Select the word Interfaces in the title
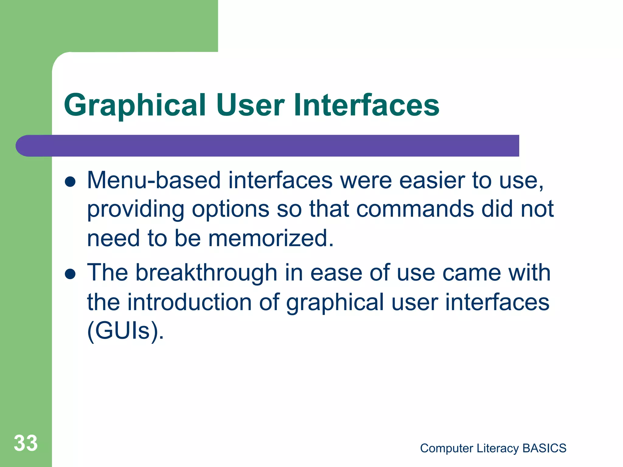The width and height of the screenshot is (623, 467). click(x=366, y=105)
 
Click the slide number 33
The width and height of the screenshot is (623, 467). click(x=26, y=443)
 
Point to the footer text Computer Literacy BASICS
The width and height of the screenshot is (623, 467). click(x=493, y=448)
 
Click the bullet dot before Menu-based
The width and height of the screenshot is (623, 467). click(x=70, y=182)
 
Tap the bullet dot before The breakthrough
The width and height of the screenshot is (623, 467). click(x=70, y=274)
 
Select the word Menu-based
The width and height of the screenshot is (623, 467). click(x=154, y=181)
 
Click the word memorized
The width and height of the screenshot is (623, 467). click(x=271, y=238)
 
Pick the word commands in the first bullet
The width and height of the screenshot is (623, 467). click(x=415, y=209)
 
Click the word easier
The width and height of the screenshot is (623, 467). click(x=432, y=181)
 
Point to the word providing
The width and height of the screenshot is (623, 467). click(x=136, y=210)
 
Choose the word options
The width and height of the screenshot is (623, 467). click(x=231, y=210)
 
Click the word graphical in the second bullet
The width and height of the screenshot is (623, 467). click(x=335, y=303)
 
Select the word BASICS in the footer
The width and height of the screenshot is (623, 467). click(x=544, y=448)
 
